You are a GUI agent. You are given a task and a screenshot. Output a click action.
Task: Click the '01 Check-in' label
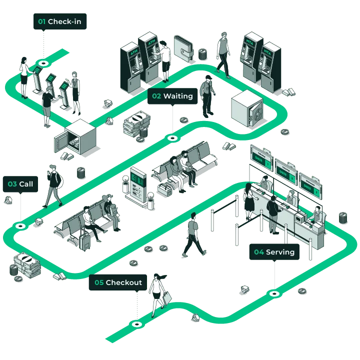pyautogui.click(x=60, y=21)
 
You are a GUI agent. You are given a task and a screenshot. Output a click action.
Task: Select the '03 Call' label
pyautogui.click(x=20, y=184)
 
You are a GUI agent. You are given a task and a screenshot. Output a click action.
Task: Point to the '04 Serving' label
pyautogui.click(x=274, y=252)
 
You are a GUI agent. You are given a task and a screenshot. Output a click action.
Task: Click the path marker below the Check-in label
pyautogui.click(x=44, y=63)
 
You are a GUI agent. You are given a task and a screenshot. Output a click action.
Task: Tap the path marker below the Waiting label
pyautogui.click(x=172, y=137)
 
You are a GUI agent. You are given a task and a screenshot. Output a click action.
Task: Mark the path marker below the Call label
pyautogui.click(x=20, y=226)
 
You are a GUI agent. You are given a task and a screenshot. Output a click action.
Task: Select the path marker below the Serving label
pyautogui.click(x=274, y=293)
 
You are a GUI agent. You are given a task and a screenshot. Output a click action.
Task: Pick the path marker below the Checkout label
pyautogui.click(x=136, y=324)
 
